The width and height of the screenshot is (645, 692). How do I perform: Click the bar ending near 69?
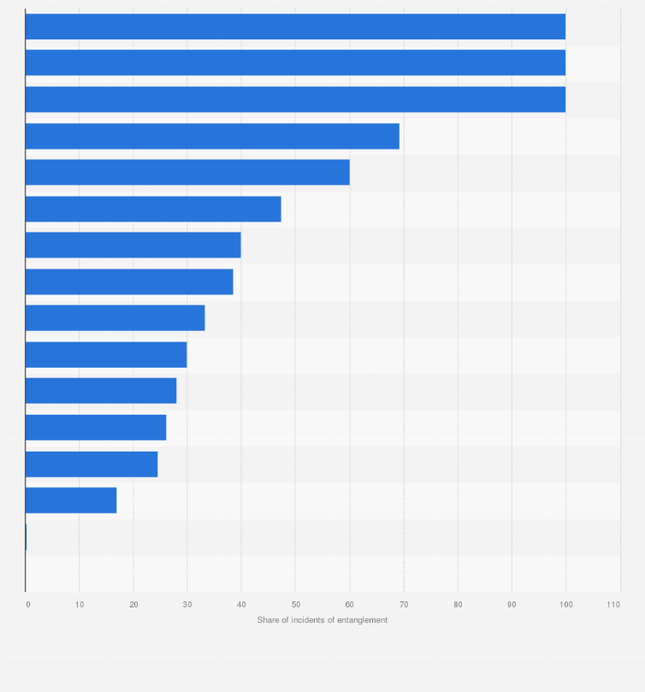pos(212,136)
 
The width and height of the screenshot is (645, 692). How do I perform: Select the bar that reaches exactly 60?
pos(187,172)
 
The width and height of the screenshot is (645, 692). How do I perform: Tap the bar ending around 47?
pos(153,209)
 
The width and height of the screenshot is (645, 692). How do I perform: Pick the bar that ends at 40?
pos(133,245)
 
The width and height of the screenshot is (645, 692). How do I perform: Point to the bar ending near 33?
pos(115,317)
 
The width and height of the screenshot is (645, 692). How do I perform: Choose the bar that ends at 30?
pos(106,354)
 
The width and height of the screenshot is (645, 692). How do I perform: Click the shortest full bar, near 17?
pos(71,500)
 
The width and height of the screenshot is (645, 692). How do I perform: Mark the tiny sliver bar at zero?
pos(26,537)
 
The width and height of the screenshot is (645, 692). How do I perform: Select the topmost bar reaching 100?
pos(295,27)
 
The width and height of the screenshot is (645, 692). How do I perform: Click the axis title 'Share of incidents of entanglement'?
pos(322,620)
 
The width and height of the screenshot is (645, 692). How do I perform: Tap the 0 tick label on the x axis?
pos(27,605)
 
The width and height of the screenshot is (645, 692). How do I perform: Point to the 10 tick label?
pos(80,605)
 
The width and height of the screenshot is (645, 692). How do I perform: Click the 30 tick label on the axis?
pos(187,605)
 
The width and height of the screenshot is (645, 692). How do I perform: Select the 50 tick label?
pos(295,605)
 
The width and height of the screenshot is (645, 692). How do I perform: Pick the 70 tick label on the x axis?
pos(404,605)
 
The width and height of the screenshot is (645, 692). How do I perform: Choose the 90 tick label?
pos(512,605)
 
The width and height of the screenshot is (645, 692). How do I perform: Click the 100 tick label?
pos(565,605)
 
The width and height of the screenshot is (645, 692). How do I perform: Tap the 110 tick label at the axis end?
pos(613,605)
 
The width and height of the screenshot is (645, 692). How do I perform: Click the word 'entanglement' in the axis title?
pos(364,620)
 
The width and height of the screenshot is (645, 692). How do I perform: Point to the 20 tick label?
pos(133,605)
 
